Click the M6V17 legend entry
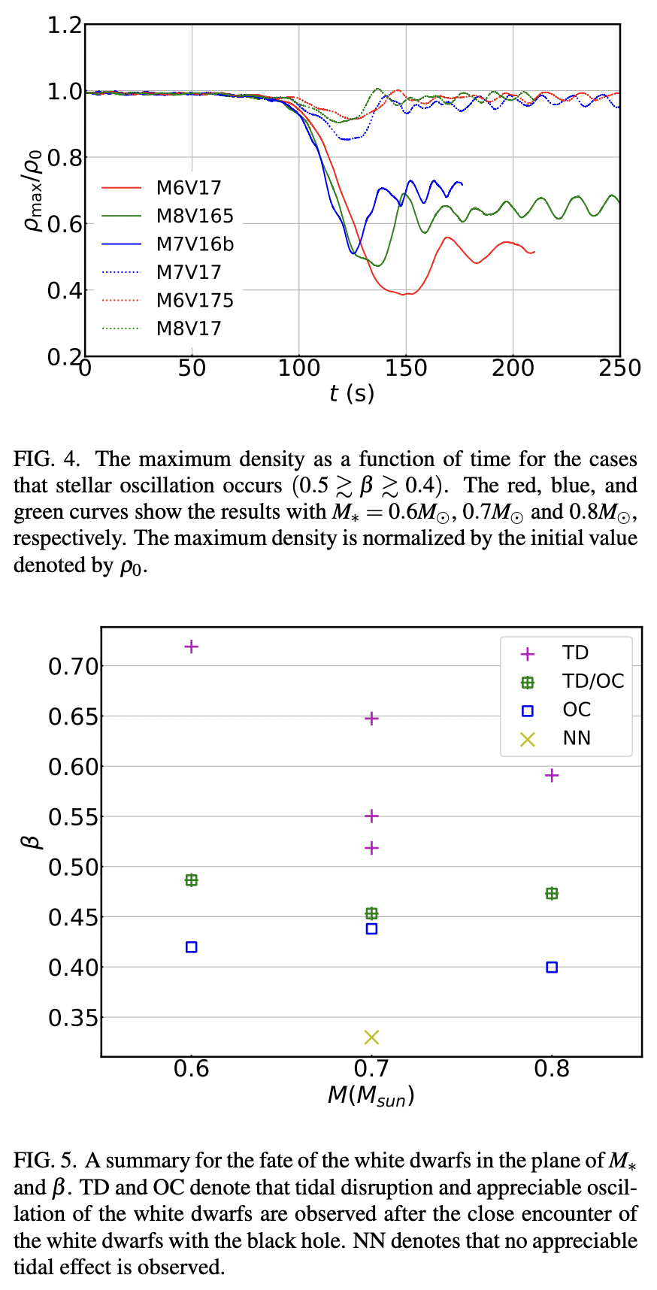click(189, 188)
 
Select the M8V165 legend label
click(195, 217)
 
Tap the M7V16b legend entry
click(195, 244)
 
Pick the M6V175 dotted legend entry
click(195, 301)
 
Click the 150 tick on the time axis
click(406, 368)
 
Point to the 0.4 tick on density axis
click(65, 290)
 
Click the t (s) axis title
click(352, 393)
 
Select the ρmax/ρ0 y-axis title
click(35, 190)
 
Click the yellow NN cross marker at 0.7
click(371, 1037)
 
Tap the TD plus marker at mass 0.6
click(192, 647)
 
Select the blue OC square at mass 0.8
click(552, 967)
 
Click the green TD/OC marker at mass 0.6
click(192, 880)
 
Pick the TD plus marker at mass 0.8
click(552, 776)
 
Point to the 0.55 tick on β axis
click(73, 817)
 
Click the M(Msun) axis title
click(371, 1095)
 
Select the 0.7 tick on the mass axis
click(371, 1069)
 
